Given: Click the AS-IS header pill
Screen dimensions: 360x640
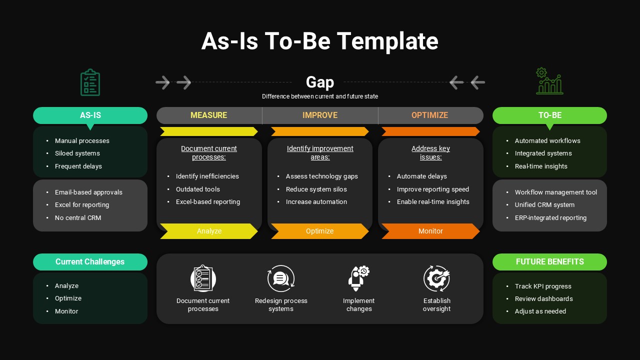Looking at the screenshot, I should pos(90,115).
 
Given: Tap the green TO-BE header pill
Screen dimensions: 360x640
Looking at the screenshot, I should pos(549,115).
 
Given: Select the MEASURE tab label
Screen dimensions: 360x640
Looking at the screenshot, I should pos(209,115).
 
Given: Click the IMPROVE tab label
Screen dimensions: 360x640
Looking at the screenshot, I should pos(320,115).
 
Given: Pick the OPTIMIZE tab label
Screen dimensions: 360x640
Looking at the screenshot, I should pos(430,115).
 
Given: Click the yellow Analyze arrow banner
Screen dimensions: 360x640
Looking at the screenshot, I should pos(209,231).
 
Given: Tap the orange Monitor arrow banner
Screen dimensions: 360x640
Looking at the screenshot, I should pos(430,231).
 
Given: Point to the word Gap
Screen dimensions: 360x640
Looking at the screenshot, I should pos(320,82).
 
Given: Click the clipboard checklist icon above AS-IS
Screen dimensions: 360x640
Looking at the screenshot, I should pos(90,82).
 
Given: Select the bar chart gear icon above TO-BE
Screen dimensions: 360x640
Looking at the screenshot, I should pos(549,81).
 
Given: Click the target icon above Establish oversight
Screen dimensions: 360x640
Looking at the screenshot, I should pos(436,278).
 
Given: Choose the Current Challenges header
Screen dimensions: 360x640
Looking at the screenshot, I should pos(90,261).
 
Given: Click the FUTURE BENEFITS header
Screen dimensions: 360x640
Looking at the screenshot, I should pos(549,261).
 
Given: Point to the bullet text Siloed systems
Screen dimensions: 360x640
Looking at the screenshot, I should pos(77,153).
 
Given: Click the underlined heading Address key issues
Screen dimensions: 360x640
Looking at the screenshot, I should pos(430,152).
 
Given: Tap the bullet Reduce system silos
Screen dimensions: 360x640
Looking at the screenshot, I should pos(316,189).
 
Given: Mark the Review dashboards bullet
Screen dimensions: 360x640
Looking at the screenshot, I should pos(543,299).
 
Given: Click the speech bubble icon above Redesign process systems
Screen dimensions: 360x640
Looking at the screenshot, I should pos(281,278).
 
